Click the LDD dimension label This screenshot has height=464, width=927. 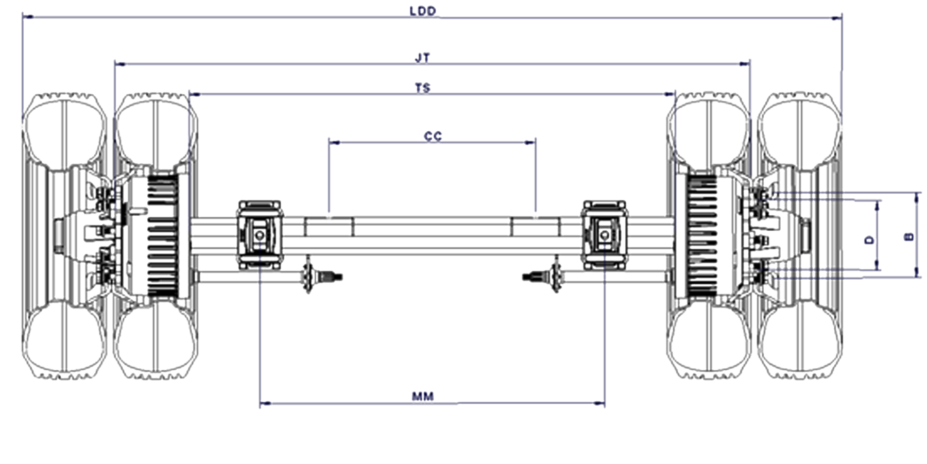pyautogui.click(x=423, y=11)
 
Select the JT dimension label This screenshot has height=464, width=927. pyautogui.click(x=423, y=58)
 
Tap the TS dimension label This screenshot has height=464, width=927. pyautogui.click(x=423, y=88)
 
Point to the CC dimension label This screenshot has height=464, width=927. pyautogui.click(x=433, y=136)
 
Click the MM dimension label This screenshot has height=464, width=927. pyautogui.click(x=423, y=396)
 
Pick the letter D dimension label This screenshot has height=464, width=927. pyautogui.click(x=870, y=240)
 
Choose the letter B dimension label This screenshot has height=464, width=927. pyautogui.click(x=909, y=237)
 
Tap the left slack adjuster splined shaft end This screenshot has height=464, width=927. pyautogui.click(x=332, y=278)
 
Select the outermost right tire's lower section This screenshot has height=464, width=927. pyautogui.click(x=800, y=340)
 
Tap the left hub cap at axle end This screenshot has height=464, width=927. pyautogui.click(x=59, y=236)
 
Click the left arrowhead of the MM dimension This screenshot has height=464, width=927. pyautogui.click(x=265, y=403)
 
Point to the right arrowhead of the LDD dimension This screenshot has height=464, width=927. pyautogui.click(x=837, y=18)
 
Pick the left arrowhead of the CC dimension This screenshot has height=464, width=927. pyautogui.click(x=334, y=142)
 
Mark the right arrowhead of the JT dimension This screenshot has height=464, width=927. pyautogui.click(x=744, y=64)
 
